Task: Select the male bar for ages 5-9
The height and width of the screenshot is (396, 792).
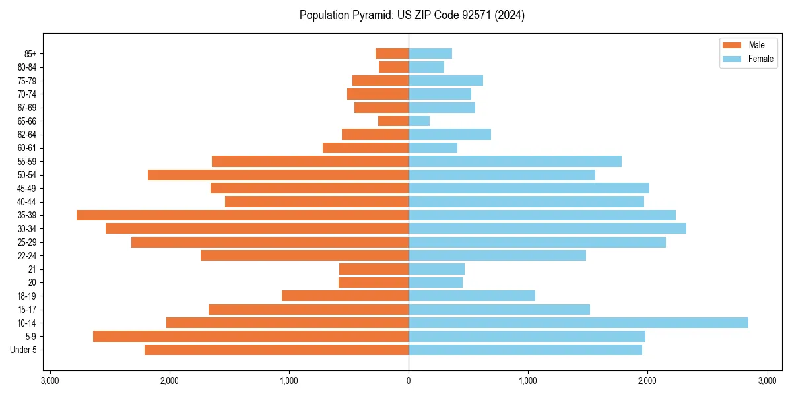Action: (251, 337)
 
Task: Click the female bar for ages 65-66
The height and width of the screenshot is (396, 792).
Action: (419, 121)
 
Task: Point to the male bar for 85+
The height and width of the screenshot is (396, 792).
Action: (392, 53)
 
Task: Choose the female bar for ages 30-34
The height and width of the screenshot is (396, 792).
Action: (547, 228)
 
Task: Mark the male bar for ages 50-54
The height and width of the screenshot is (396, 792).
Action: (278, 175)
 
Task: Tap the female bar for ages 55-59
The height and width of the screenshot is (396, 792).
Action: (515, 161)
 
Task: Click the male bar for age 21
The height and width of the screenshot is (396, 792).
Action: (374, 269)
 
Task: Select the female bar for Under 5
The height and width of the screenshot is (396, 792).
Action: (525, 350)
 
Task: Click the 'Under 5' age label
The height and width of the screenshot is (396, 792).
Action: (24, 350)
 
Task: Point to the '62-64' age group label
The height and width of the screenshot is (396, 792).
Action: (27, 135)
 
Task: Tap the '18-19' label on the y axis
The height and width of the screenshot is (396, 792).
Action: (27, 296)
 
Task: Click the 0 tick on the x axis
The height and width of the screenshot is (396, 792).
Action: (409, 381)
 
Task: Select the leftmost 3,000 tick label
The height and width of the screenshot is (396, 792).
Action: (50, 381)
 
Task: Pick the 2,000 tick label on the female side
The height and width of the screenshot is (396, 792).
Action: (647, 381)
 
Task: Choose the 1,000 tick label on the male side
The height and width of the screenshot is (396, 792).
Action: (289, 381)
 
